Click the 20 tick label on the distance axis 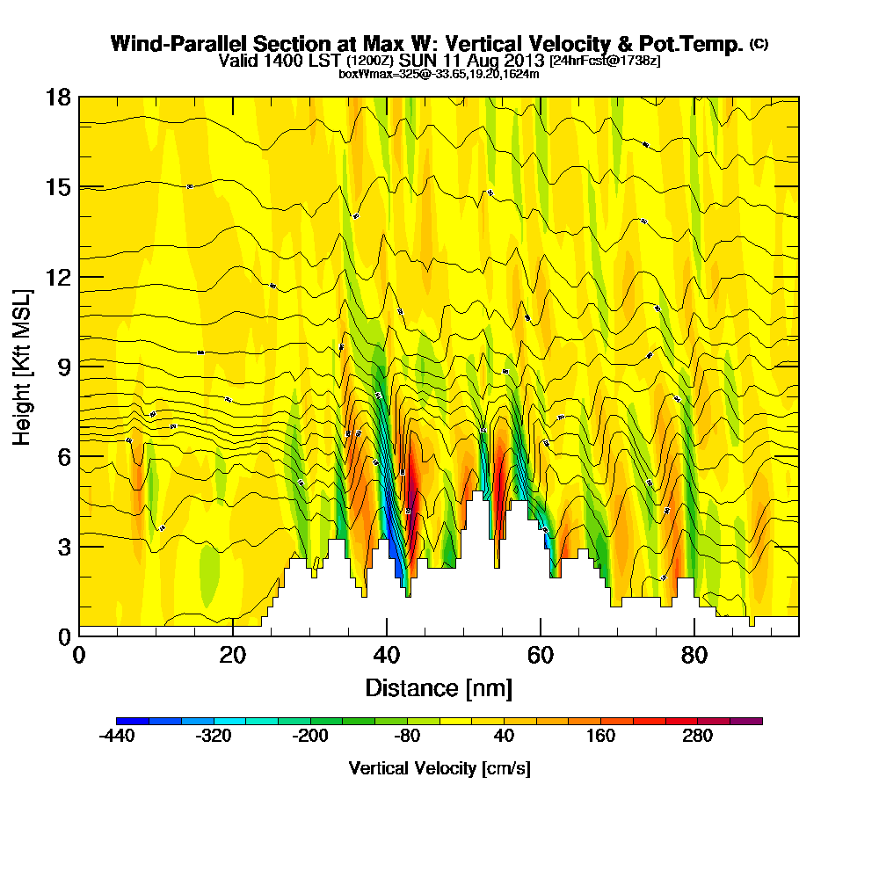tap(232, 655)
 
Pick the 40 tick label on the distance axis tap(386, 655)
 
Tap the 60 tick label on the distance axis tap(540, 655)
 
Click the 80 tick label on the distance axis tap(694, 655)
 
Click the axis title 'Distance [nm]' tap(439, 687)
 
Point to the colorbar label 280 tap(697, 737)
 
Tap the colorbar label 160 tap(600, 737)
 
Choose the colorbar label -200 tap(309, 737)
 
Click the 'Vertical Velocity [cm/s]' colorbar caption tap(439, 768)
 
